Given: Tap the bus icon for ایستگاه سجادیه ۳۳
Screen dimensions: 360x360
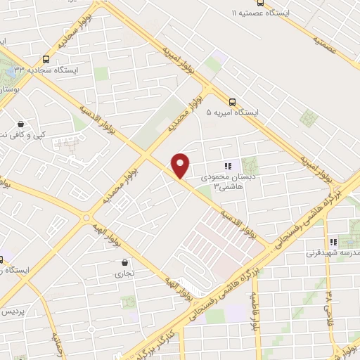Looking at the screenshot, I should pyautogui.click(x=46, y=59).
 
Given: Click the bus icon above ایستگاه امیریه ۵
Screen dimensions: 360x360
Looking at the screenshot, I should pyautogui.click(x=233, y=101).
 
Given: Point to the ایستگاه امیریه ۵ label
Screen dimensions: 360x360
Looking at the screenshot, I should pyautogui.click(x=233, y=112).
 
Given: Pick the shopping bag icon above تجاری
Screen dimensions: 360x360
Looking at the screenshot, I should pyautogui.click(x=124, y=264).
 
